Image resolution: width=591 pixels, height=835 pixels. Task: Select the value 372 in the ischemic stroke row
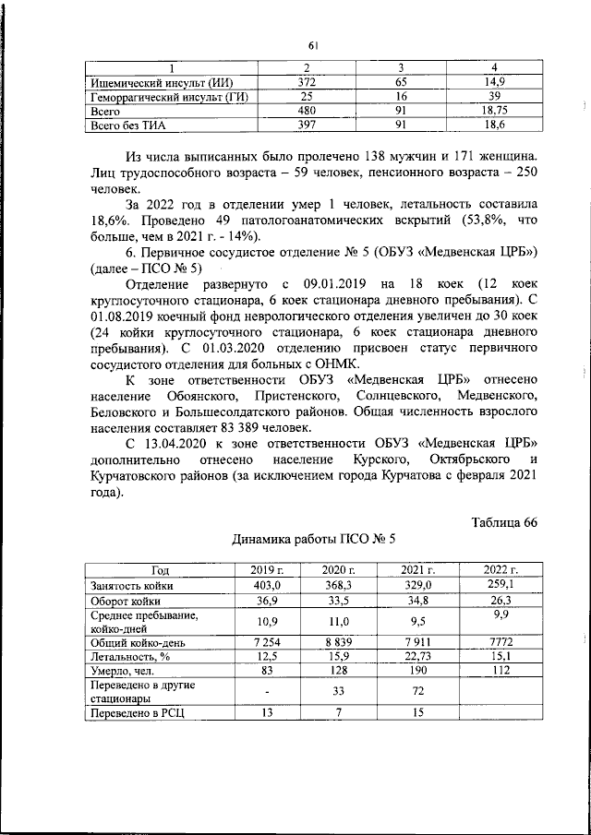click(x=307, y=83)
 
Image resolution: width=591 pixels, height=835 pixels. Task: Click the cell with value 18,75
click(x=494, y=109)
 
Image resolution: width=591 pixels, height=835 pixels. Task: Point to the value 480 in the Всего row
click(x=307, y=109)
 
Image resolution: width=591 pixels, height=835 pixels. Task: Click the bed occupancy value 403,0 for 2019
click(x=253, y=584)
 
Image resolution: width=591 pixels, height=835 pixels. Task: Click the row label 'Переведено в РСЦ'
click(x=135, y=711)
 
